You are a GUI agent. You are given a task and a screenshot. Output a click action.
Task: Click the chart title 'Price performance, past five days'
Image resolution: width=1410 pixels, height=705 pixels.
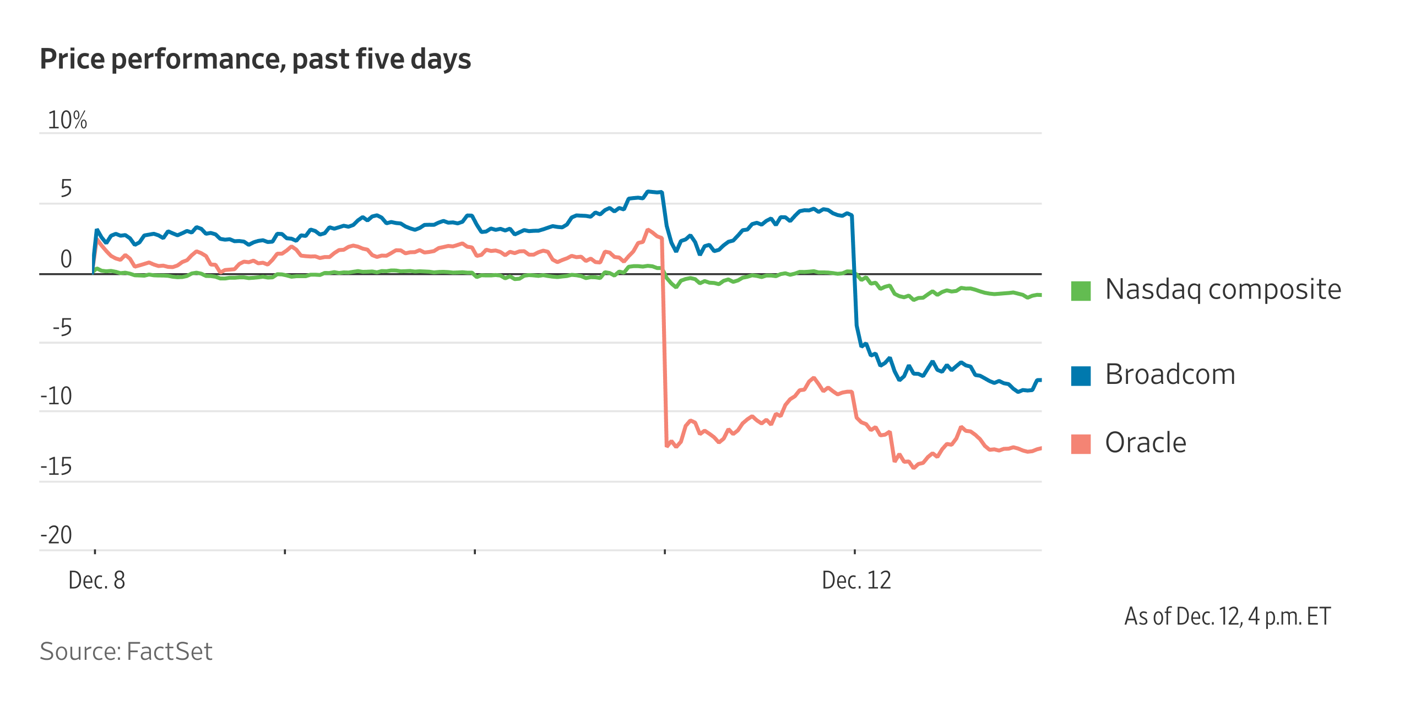(x=255, y=59)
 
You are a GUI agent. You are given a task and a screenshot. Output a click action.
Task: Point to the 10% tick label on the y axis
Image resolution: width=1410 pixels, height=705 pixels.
(x=67, y=120)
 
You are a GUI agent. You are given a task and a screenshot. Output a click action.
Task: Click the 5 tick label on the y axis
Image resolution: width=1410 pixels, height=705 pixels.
(x=66, y=189)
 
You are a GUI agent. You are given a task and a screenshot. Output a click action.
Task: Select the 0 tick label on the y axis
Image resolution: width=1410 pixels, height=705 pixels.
(x=66, y=259)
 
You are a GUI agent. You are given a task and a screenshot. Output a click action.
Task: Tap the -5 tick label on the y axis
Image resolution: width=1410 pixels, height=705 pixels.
(x=62, y=328)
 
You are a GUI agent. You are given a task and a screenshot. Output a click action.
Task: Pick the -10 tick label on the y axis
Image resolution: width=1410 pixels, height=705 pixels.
(x=56, y=396)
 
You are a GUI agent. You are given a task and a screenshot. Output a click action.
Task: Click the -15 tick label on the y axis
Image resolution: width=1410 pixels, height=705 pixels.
(x=56, y=467)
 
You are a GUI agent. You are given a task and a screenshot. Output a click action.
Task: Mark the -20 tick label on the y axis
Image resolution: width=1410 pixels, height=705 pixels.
(x=56, y=535)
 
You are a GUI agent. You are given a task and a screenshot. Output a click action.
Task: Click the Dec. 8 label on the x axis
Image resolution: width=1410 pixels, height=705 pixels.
(x=97, y=580)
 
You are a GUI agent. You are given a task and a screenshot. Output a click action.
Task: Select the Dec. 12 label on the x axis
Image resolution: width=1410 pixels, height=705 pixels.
(x=856, y=580)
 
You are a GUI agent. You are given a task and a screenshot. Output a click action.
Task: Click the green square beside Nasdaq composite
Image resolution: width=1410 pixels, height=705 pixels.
(x=1081, y=291)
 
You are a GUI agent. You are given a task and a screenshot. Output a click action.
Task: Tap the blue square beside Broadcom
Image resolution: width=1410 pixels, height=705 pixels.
(x=1081, y=376)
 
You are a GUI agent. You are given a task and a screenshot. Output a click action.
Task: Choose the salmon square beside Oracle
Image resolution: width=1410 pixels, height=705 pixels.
(x=1081, y=444)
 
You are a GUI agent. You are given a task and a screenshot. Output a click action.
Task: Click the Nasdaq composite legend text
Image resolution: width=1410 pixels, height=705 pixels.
(x=1223, y=290)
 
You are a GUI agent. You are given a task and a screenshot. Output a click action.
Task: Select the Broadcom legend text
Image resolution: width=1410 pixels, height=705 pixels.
(x=1170, y=375)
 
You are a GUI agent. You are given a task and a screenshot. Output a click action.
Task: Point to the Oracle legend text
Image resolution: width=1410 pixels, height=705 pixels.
(x=1146, y=443)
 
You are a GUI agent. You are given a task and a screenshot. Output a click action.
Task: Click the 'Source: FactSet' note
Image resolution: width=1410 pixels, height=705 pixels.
(x=126, y=651)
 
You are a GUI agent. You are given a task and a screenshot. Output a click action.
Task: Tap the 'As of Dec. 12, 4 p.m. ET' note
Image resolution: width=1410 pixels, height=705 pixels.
(x=1228, y=616)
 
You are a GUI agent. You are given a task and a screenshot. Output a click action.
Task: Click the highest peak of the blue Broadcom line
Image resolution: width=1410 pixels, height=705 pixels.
(x=650, y=191)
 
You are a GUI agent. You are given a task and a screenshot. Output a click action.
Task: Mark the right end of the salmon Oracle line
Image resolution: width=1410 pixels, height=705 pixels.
(x=1040, y=448)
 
